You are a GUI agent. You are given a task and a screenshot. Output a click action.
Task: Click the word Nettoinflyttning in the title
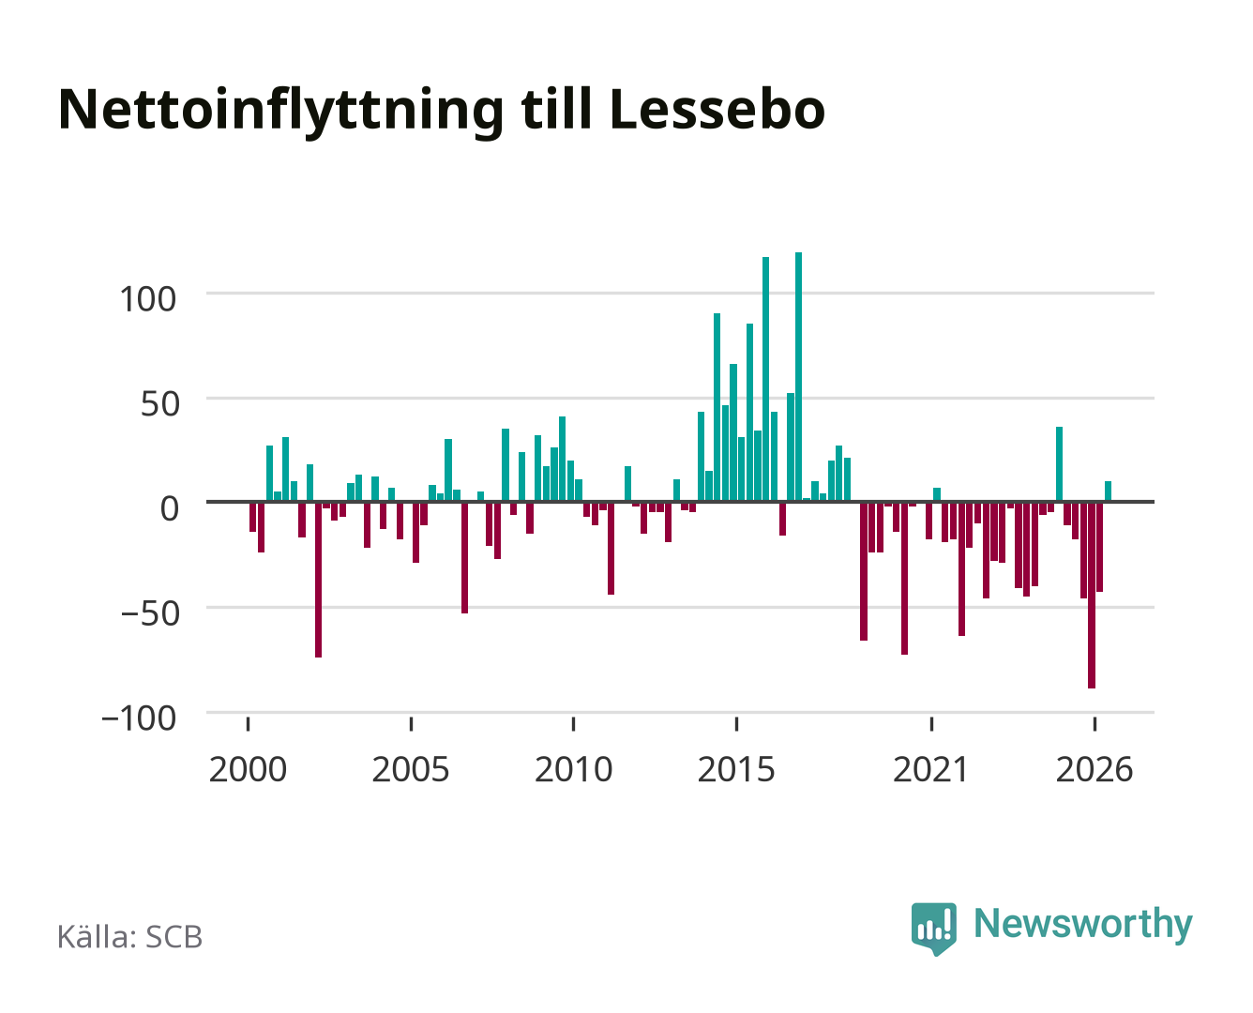pyautogui.click(x=280, y=112)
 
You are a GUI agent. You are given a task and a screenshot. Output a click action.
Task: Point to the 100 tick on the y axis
pyautogui.click(x=147, y=299)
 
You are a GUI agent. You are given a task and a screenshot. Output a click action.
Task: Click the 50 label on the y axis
pyautogui.click(x=160, y=404)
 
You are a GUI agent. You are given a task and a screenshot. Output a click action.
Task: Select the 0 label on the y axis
pyautogui.click(x=170, y=508)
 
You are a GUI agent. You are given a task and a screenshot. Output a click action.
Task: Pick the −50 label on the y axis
pyautogui.click(x=150, y=613)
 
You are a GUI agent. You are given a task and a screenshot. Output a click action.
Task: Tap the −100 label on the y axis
pyautogui.click(x=139, y=718)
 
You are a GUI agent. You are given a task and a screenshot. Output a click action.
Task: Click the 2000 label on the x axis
pyautogui.click(x=248, y=769)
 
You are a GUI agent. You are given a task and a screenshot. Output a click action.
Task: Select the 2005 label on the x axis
pyautogui.click(x=411, y=769)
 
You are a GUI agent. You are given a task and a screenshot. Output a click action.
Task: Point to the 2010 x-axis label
pyautogui.click(x=574, y=769)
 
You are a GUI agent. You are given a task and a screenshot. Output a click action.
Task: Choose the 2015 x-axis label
pyautogui.click(x=736, y=769)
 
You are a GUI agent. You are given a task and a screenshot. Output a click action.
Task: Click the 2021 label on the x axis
pyautogui.click(x=930, y=769)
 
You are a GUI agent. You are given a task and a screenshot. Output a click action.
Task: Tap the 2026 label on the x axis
pyautogui.click(x=1094, y=769)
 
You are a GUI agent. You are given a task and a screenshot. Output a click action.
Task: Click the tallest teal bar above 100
pyautogui.click(x=798, y=377)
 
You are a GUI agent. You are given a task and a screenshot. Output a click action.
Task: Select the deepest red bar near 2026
pyautogui.click(x=1092, y=595)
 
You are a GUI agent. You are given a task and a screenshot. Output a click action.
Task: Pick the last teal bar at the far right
pyautogui.click(x=1108, y=491)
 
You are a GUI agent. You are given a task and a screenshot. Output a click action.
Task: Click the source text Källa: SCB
pyautogui.click(x=130, y=936)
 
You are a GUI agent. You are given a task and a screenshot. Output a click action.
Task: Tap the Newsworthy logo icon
pyautogui.click(x=933, y=929)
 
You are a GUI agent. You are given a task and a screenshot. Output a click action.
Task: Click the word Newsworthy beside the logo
pyautogui.click(x=1083, y=925)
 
